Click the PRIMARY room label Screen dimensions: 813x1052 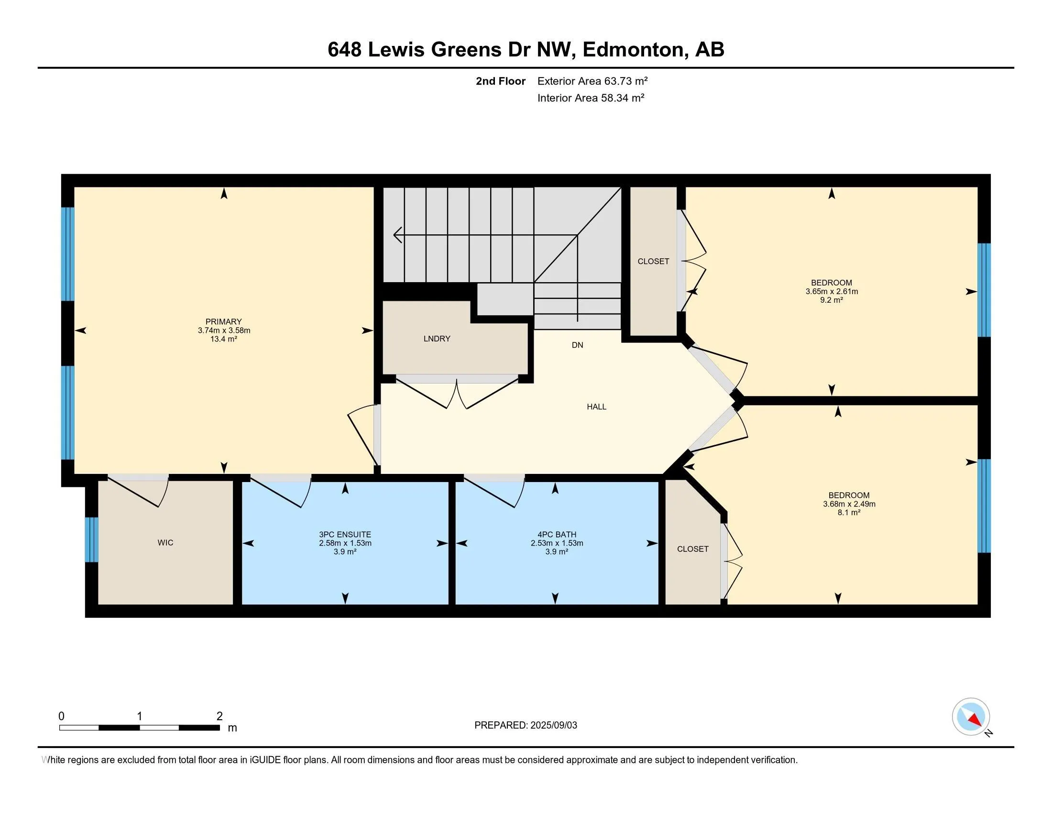[223, 322]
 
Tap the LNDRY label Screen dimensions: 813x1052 [437, 339]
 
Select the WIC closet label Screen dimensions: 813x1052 [165, 542]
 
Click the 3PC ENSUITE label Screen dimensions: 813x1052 [345, 534]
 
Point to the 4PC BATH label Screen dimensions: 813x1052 [557, 534]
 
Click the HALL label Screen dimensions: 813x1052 [596, 406]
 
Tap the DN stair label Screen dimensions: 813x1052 [577, 345]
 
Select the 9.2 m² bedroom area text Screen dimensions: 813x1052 [832, 299]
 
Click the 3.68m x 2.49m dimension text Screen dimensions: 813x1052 [849, 504]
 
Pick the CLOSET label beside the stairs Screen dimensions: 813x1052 [653, 261]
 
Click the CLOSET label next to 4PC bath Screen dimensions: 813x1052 [693, 549]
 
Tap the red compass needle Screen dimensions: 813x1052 [975, 720]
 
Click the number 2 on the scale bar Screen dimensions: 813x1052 [219, 716]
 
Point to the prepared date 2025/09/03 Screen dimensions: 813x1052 [553, 725]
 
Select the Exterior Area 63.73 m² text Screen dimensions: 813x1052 [592, 81]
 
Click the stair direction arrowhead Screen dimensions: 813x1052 [397, 235]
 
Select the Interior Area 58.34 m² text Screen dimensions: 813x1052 [591, 98]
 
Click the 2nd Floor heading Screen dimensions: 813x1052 [500, 81]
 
